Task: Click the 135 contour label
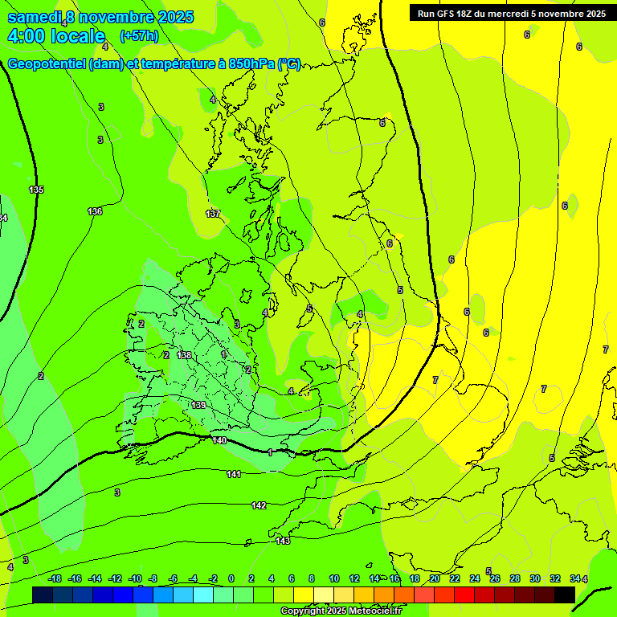(x=36, y=190)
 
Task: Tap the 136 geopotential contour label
(x=95, y=211)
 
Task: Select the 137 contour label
(x=213, y=214)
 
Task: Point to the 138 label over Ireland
(x=184, y=355)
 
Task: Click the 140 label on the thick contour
(x=219, y=440)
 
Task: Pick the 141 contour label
(x=234, y=474)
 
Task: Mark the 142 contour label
(x=259, y=505)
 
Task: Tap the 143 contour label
(x=283, y=541)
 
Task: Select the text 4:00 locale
(x=56, y=36)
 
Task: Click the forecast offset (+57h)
(x=138, y=36)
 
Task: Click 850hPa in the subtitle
(x=252, y=64)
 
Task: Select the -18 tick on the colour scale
(x=55, y=578)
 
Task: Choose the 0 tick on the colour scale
(x=231, y=578)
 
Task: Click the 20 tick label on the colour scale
(x=435, y=578)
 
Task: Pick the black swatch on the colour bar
(x=564, y=595)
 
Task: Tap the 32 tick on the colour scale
(x=554, y=578)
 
